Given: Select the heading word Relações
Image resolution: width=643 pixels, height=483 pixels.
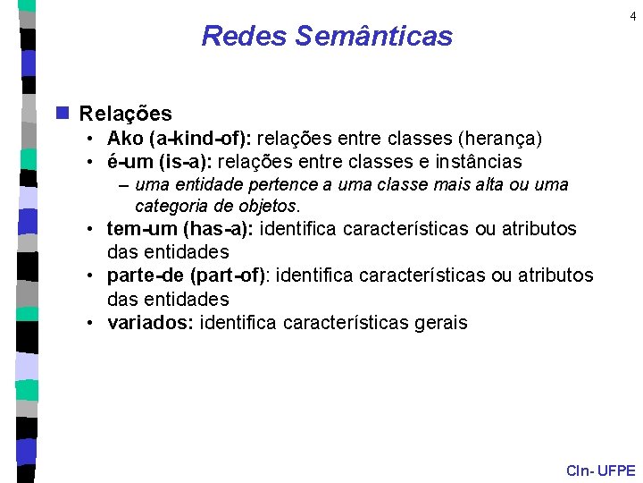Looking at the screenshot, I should (125, 114).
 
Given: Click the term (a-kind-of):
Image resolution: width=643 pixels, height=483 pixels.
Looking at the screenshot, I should (204, 139).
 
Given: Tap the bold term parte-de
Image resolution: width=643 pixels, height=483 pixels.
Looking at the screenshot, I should (146, 276).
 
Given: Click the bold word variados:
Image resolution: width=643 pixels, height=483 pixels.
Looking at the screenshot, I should (151, 323).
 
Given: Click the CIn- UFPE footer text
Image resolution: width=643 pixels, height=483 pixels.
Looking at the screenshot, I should (601, 470).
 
